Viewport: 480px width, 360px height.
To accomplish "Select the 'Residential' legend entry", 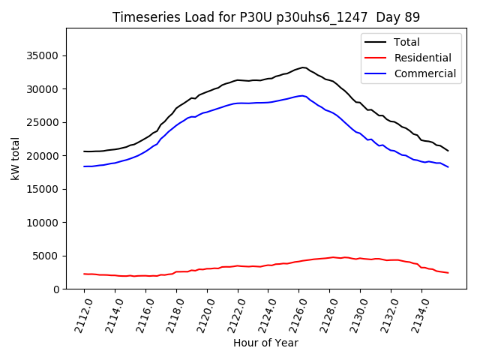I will tap(423, 58).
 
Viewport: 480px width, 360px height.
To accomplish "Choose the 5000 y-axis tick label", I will tap(47, 256).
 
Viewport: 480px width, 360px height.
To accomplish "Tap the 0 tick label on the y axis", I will tap(57, 289).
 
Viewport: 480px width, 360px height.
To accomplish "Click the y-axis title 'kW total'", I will tap(15, 159).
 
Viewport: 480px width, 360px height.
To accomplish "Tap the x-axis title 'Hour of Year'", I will tap(265, 343).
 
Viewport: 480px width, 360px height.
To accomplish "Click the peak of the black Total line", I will tap(303, 67).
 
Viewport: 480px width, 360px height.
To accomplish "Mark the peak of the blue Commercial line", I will tap(301, 95).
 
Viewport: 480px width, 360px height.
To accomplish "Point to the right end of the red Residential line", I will tap(448, 273).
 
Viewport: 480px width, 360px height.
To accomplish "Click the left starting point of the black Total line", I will tap(84, 151).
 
